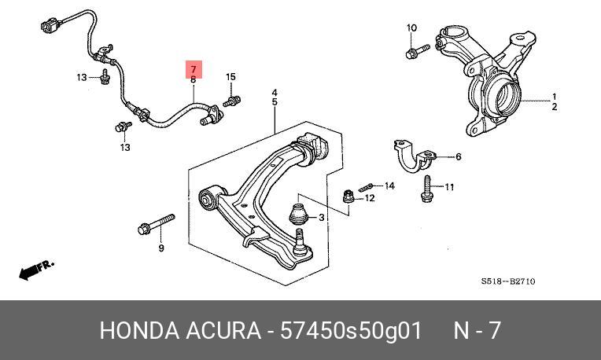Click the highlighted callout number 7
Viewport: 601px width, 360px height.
pos(194,68)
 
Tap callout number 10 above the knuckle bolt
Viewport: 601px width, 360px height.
pos(411,28)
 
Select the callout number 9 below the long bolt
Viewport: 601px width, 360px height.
pos(161,249)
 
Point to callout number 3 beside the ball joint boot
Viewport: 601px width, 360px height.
pos(321,218)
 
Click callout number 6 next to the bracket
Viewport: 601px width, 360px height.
pos(459,156)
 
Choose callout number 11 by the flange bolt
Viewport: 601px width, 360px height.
pos(450,187)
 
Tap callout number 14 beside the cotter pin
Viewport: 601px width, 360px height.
pos(389,186)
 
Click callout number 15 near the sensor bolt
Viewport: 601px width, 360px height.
pos(230,76)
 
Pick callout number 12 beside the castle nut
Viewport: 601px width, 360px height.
pos(370,198)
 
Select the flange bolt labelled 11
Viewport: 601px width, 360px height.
pos(426,189)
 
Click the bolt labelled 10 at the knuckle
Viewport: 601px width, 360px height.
pos(414,53)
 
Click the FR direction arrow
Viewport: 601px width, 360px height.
pos(36,270)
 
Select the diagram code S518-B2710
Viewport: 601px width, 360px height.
pos(508,281)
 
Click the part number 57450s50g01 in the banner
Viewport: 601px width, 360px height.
pos(346,330)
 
